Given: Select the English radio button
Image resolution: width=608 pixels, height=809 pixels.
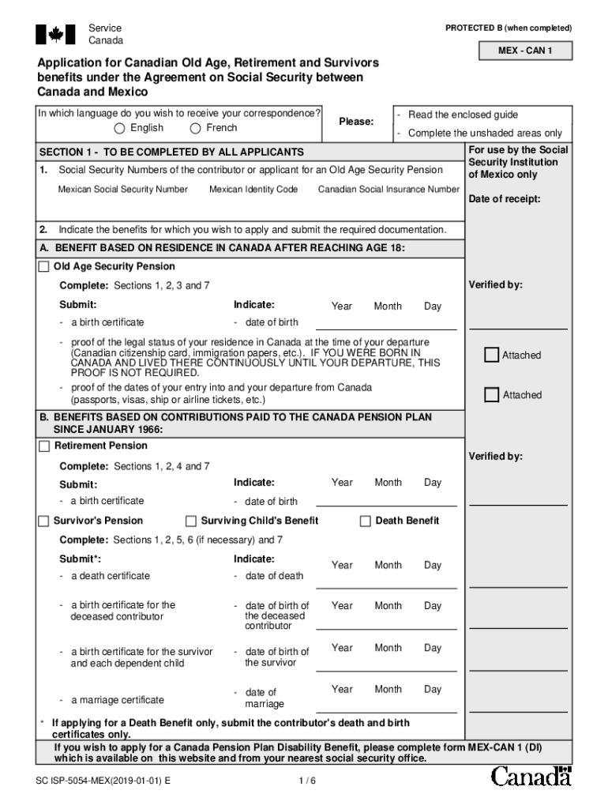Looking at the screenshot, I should pyautogui.click(x=119, y=129).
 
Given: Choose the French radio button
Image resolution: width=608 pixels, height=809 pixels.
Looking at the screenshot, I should pyautogui.click(x=195, y=129).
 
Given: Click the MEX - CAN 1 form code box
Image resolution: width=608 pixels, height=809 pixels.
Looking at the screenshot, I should pyautogui.click(x=524, y=52).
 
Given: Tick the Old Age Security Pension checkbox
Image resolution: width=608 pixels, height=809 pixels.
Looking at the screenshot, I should pyautogui.click(x=44, y=267).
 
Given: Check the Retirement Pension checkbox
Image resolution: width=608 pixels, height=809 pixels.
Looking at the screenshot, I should pyautogui.click(x=44, y=446).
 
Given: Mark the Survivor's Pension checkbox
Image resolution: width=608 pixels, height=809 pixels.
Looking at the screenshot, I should pyautogui.click(x=44, y=521).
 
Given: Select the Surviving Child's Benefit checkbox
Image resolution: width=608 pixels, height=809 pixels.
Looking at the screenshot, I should pyautogui.click(x=191, y=521).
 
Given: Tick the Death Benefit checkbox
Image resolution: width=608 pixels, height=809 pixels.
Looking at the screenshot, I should pyautogui.click(x=366, y=521).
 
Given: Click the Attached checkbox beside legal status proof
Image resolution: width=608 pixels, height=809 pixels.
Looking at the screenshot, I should pyautogui.click(x=492, y=355).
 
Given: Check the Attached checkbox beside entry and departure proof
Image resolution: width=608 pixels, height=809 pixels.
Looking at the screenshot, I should pyautogui.click(x=492, y=394).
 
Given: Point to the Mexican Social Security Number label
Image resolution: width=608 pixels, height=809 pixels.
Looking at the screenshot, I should pyautogui.click(x=122, y=190).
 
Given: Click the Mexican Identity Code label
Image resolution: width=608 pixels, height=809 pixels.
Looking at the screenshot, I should pyautogui.click(x=253, y=190).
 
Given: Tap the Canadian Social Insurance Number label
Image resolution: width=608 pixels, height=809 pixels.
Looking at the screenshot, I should pyautogui.click(x=388, y=190).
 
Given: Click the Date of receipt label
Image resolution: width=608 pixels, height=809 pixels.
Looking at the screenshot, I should pyautogui.click(x=505, y=199).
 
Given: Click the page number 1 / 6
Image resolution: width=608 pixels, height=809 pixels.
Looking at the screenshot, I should pyautogui.click(x=307, y=781).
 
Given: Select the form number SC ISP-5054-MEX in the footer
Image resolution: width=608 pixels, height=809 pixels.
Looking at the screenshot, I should pyautogui.click(x=103, y=781).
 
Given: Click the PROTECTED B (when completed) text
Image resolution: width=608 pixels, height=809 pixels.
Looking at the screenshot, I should pyautogui.click(x=508, y=28).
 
